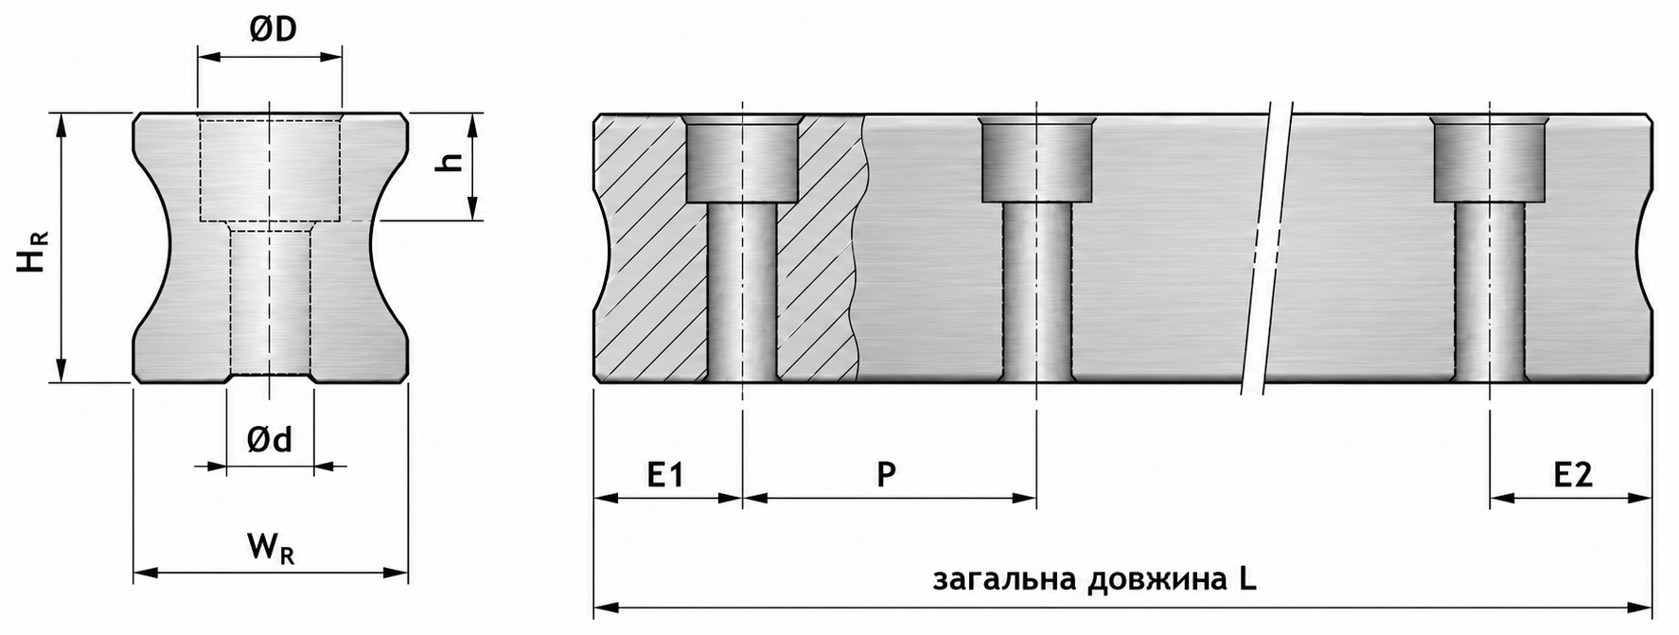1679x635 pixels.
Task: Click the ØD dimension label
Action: (x=274, y=29)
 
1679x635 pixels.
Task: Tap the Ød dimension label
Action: (x=270, y=439)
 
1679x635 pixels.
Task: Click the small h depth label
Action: (x=451, y=163)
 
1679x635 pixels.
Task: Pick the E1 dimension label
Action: (x=665, y=473)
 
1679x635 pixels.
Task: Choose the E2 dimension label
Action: (x=1573, y=473)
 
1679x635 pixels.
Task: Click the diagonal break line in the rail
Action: (x=1269, y=248)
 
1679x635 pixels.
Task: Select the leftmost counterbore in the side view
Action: (x=743, y=159)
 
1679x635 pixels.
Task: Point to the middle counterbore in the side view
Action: (x=1036, y=160)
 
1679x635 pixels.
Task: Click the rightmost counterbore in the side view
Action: (x=1490, y=160)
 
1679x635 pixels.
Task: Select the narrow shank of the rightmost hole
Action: (x=1490, y=292)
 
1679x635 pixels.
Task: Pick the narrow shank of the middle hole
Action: (x=1036, y=292)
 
